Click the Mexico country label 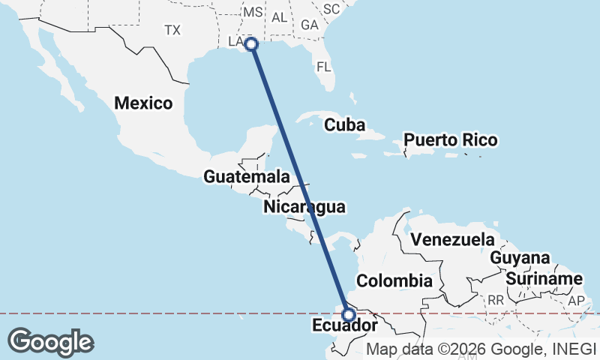(143, 103)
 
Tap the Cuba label (344, 124)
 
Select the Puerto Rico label (450, 140)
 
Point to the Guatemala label (247, 178)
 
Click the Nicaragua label (304, 207)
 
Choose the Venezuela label (452, 240)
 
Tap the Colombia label (394, 281)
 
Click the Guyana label (520, 258)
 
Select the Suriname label (544, 279)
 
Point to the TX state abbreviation (173, 30)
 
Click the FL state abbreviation (323, 66)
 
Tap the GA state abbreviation (309, 25)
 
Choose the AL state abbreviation (279, 17)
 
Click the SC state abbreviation (331, 9)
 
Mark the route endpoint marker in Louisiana (252, 45)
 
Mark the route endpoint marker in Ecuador (348, 315)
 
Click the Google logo (50, 341)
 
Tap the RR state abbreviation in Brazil (496, 300)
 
